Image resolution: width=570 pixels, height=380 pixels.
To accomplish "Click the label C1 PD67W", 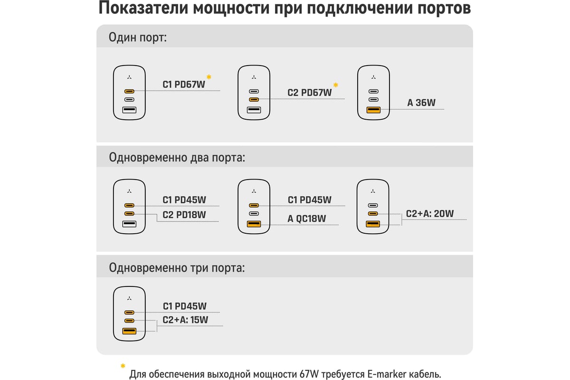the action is click(184, 85).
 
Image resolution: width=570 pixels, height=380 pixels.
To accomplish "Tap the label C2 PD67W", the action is click(309, 93).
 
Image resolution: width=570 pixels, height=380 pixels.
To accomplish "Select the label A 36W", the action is click(421, 103).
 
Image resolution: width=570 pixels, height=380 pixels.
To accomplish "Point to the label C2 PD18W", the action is click(184, 215).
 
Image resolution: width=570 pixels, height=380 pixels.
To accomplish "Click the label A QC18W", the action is click(307, 218).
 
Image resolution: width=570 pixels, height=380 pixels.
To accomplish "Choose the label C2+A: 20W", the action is click(430, 214).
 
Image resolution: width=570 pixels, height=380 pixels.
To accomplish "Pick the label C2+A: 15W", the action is click(185, 320).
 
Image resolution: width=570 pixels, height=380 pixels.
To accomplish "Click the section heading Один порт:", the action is click(138, 38).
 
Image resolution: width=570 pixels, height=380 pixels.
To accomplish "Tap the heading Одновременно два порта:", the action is click(177, 158).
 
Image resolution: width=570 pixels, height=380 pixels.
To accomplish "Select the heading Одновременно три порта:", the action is click(177, 268).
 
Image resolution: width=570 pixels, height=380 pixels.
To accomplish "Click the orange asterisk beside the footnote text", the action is click(123, 366).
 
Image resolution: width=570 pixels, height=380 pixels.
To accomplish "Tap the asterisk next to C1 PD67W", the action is click(209, 77).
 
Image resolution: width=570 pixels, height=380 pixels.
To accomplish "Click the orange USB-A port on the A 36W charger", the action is click(373, 110).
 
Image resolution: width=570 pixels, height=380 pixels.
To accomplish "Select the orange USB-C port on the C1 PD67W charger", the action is click(129, 91).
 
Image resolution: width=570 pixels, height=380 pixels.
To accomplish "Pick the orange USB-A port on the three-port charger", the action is click(129, 331).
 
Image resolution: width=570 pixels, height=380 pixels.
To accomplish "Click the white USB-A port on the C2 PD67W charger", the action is click(254, 110).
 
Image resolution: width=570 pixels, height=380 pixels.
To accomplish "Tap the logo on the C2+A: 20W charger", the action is click(373, 191).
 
